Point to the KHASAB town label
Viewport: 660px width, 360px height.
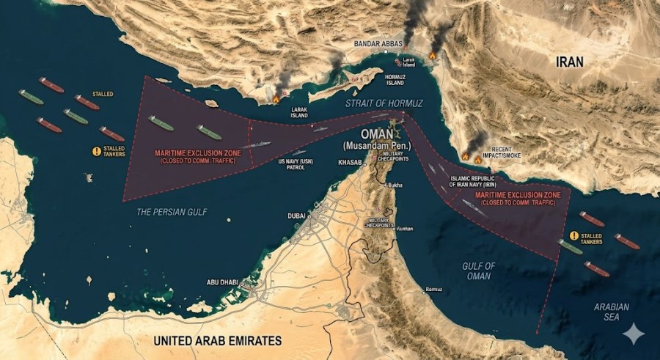click(x=351, y=163)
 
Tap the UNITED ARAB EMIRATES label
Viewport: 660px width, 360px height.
click(x=217, y=341)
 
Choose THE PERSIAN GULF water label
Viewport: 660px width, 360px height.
click(x=172, y=212)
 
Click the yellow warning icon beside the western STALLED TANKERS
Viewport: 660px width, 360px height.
click(x=96, y=152)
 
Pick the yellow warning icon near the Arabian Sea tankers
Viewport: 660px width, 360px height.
click(x=574, y=236)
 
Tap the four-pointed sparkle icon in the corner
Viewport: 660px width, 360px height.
click(x=633, y=334)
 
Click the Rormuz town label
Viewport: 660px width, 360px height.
click(x=433, y=290)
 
